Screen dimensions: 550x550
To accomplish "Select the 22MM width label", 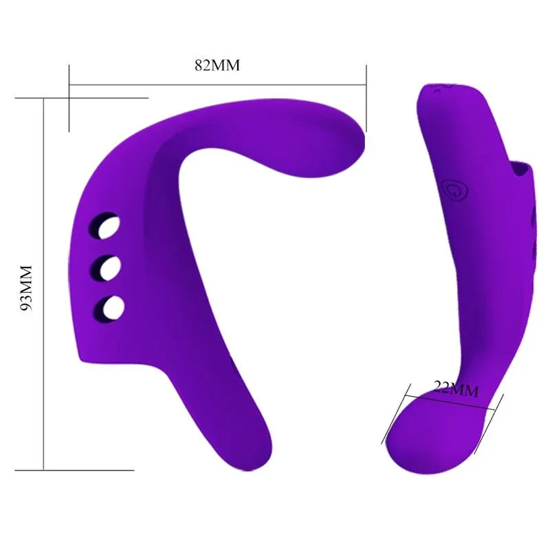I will click(455, 389).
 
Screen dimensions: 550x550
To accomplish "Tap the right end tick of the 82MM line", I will click(366, 96).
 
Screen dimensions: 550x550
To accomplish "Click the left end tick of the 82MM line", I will click(69, 96).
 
